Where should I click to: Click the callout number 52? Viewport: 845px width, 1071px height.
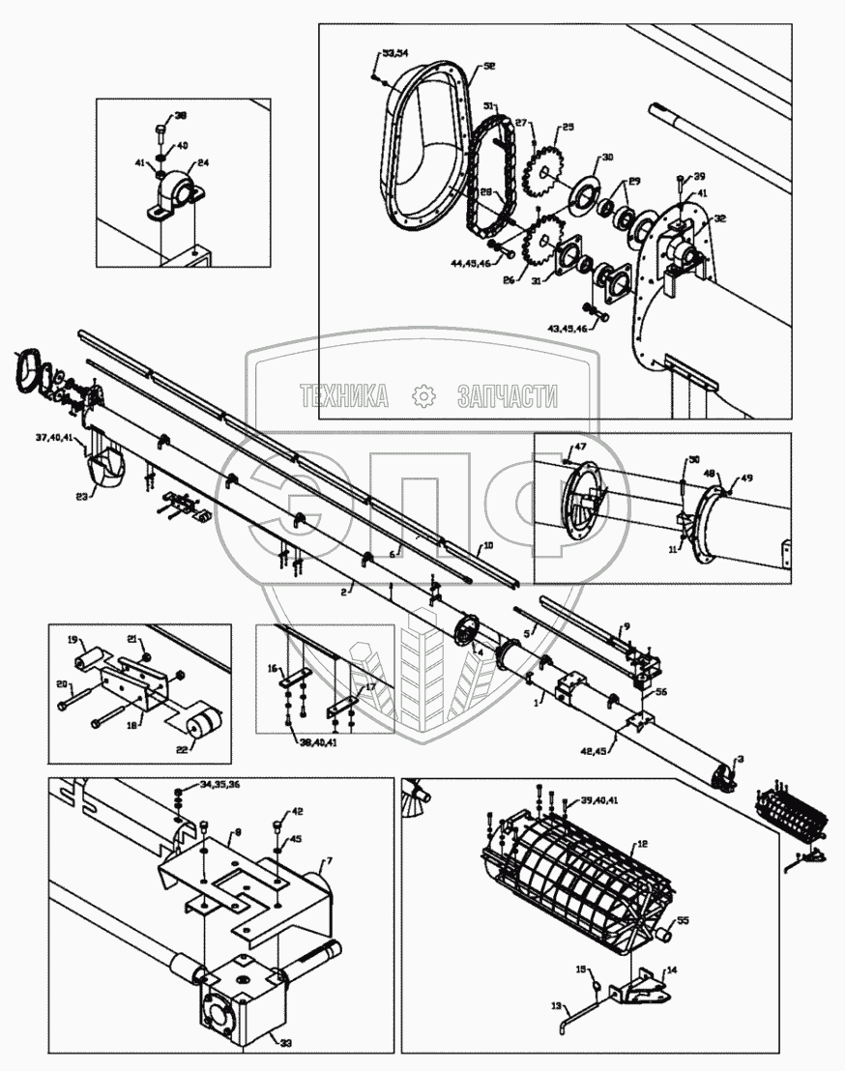[x=489, y=66]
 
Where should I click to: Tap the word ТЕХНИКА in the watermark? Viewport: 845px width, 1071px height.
[x=344, y=395]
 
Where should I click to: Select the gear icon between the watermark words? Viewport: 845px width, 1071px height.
[x=421, y=395]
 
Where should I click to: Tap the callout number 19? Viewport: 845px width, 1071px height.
[x=72, y=640]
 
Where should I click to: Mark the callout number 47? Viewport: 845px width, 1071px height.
[x=579, y=448]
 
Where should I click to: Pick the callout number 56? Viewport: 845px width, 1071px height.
[x=661, y=693]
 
